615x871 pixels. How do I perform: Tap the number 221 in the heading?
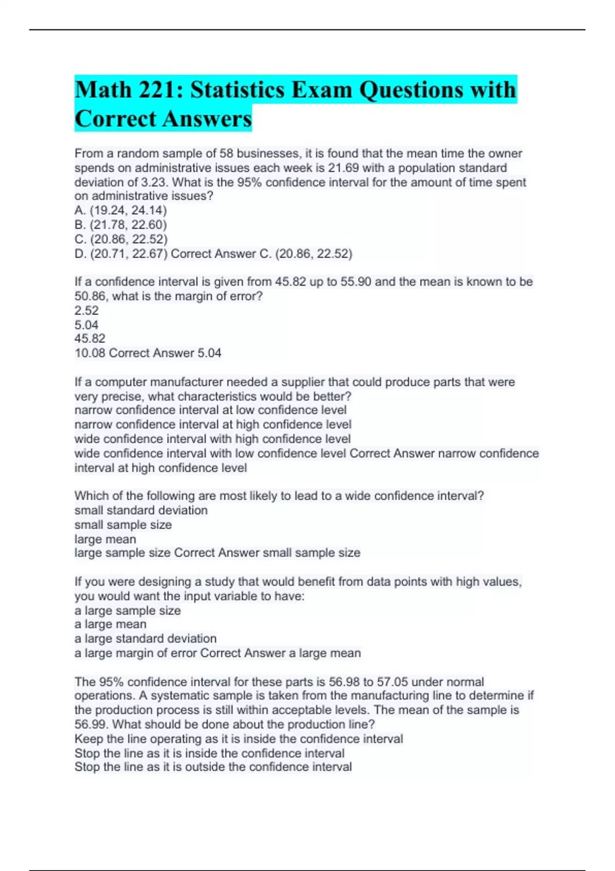click(156, 90)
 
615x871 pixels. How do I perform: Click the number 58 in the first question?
click(226, 153)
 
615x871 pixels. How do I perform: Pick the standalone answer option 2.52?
click(86, 310)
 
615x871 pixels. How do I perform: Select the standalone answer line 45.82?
click(90, 339)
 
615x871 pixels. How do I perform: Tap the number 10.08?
click(90, 353)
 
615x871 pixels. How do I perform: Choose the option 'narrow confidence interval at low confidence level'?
click(210, 410)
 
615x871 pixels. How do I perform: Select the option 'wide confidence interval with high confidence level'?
click(212, 439)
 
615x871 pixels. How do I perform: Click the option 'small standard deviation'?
click(141, 510)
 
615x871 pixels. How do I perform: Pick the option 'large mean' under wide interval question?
click(105, 539)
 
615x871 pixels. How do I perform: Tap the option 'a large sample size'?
click(128, 611)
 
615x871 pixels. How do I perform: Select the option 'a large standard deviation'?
click(146, 639)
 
